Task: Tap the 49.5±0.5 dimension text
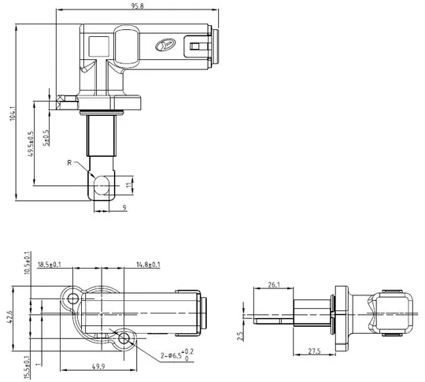click(x=31, y=143)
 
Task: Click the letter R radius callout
click(x=70, y=163)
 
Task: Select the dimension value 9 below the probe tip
click(x=124, y=208)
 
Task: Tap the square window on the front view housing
click(x=98, y=46)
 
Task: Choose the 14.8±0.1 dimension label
click(x=148, y=265)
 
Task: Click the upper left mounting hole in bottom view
click(x=73, y=298)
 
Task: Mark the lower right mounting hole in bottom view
click(x=124, y=339)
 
